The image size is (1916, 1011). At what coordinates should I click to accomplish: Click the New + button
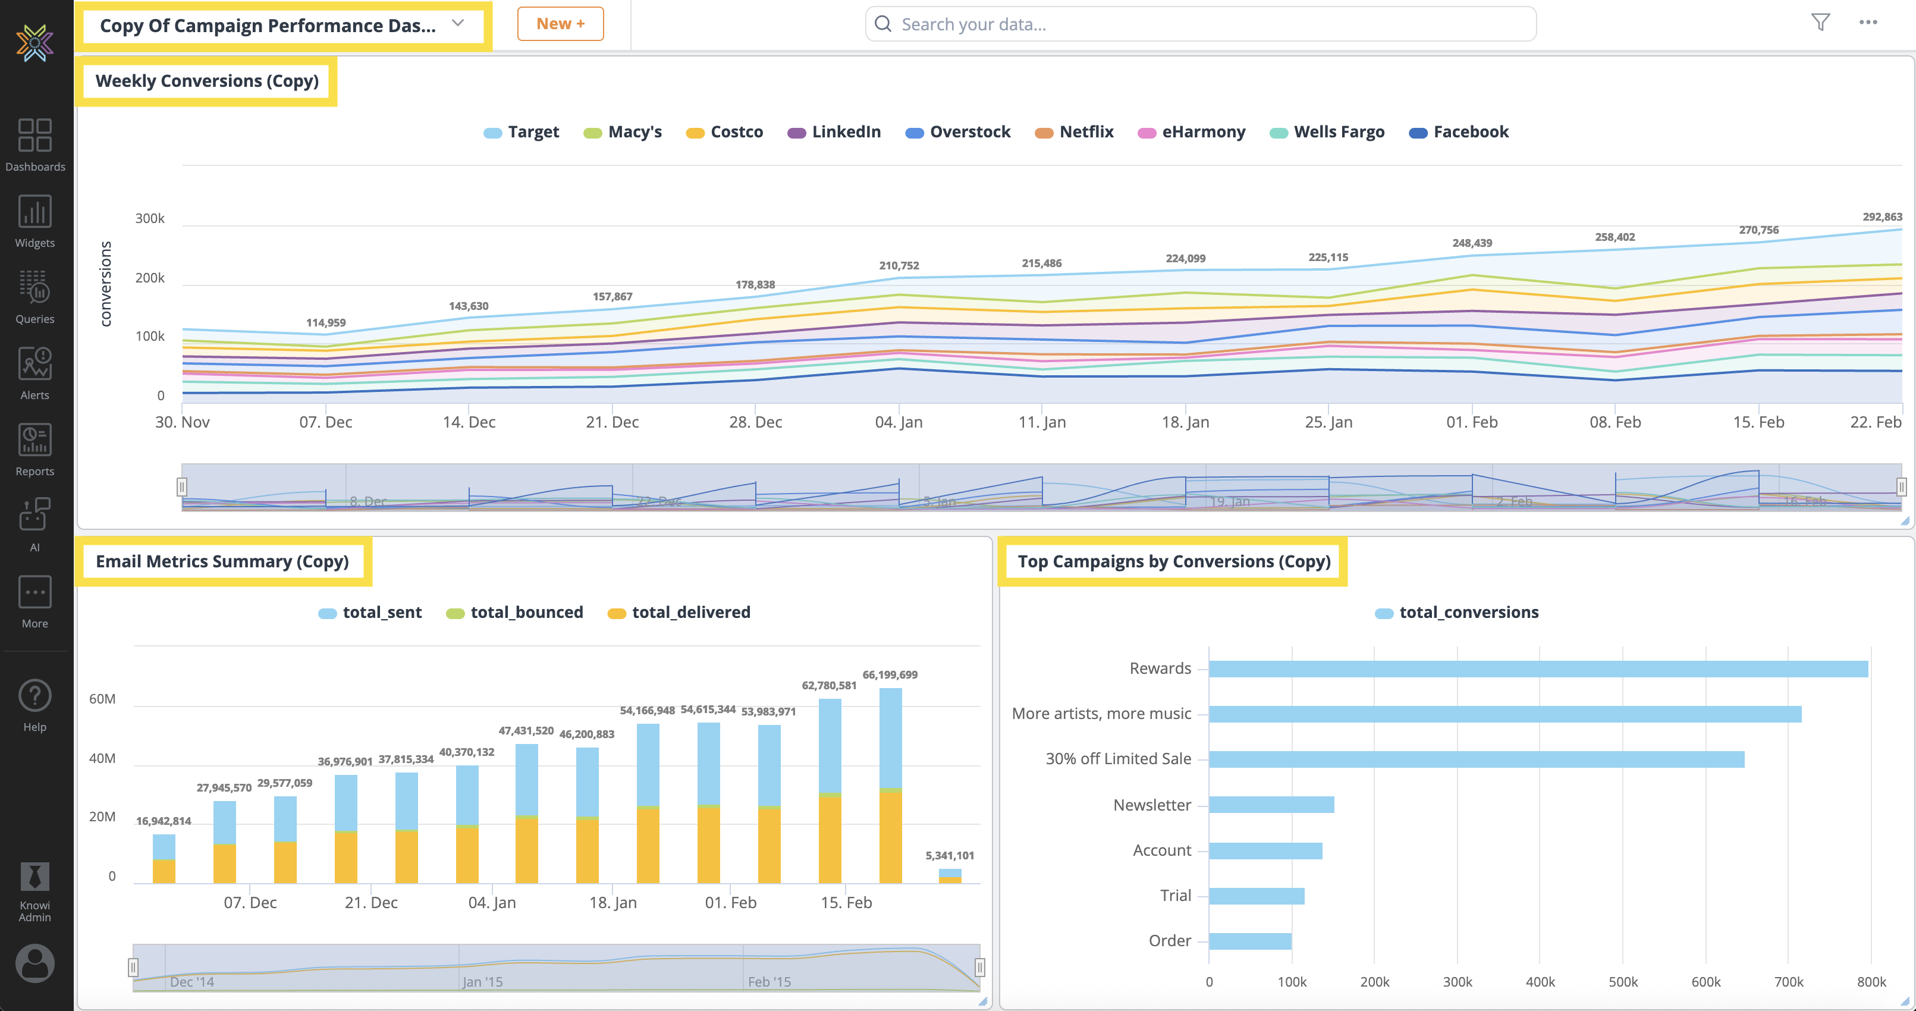pyautogui.click(x=560, y=24)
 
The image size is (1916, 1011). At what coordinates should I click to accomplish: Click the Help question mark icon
pyautogui.click(x=35, y=696)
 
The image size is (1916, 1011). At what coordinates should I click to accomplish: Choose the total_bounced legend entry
pyautogui.click(x=515, y=613)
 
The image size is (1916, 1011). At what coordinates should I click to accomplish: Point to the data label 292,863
pyautogui.click(x=1882, y=216)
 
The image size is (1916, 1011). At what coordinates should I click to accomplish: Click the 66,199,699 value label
pyautogui.click(x=890, y=675)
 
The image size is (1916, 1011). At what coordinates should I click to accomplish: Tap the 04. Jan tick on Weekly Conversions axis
pyautogui.click(x=899, y=422)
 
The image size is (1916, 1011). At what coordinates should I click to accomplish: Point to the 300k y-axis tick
pyautogui.click(x=149, y=218)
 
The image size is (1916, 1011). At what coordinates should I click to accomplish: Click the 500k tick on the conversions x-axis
pyautogui.click(x=1622, y=982)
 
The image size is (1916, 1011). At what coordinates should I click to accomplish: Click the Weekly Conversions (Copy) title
pyautogui.click(x=207, y=81)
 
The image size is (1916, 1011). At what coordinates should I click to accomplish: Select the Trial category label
pyautogui.click(x=1175, y=896)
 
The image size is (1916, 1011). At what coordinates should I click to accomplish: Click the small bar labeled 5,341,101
pyautogui.click(x=950, y=875)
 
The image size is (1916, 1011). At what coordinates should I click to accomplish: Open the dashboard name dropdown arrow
pyautogui.click(x=458, y=23)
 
